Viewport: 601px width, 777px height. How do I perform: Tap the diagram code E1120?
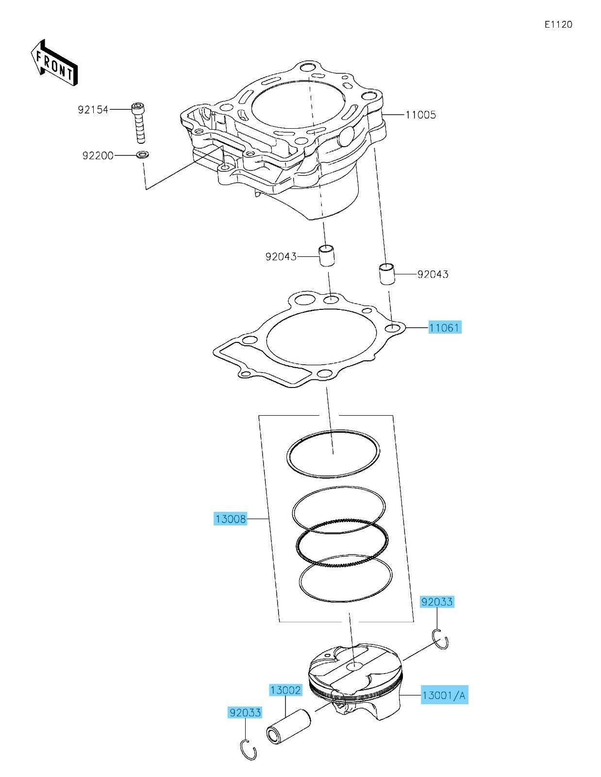tap(558, 24)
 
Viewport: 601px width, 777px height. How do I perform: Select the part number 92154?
tap(93, 110)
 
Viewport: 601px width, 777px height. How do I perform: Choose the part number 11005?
tap(420, 115)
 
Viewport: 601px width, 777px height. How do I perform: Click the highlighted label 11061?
tap(444, 328)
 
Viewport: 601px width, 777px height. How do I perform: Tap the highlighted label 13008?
tap(231, 519)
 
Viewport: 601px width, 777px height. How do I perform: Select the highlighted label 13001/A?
tap(444, 695)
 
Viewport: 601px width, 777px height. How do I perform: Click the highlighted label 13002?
tap(285, 690)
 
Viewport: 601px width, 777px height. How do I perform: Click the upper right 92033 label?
tap(437, 602)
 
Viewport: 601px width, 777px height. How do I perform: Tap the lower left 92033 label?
tap(245, 713)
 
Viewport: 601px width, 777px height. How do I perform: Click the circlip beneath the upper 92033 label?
tap(440, 639)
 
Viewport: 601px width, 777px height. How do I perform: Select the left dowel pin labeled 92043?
tap(327, 256)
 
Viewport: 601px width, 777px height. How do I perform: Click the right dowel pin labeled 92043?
tap(387, 274)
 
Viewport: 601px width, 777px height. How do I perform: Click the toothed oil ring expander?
tap(343, 543)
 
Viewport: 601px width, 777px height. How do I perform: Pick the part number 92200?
tap(98, 156)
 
